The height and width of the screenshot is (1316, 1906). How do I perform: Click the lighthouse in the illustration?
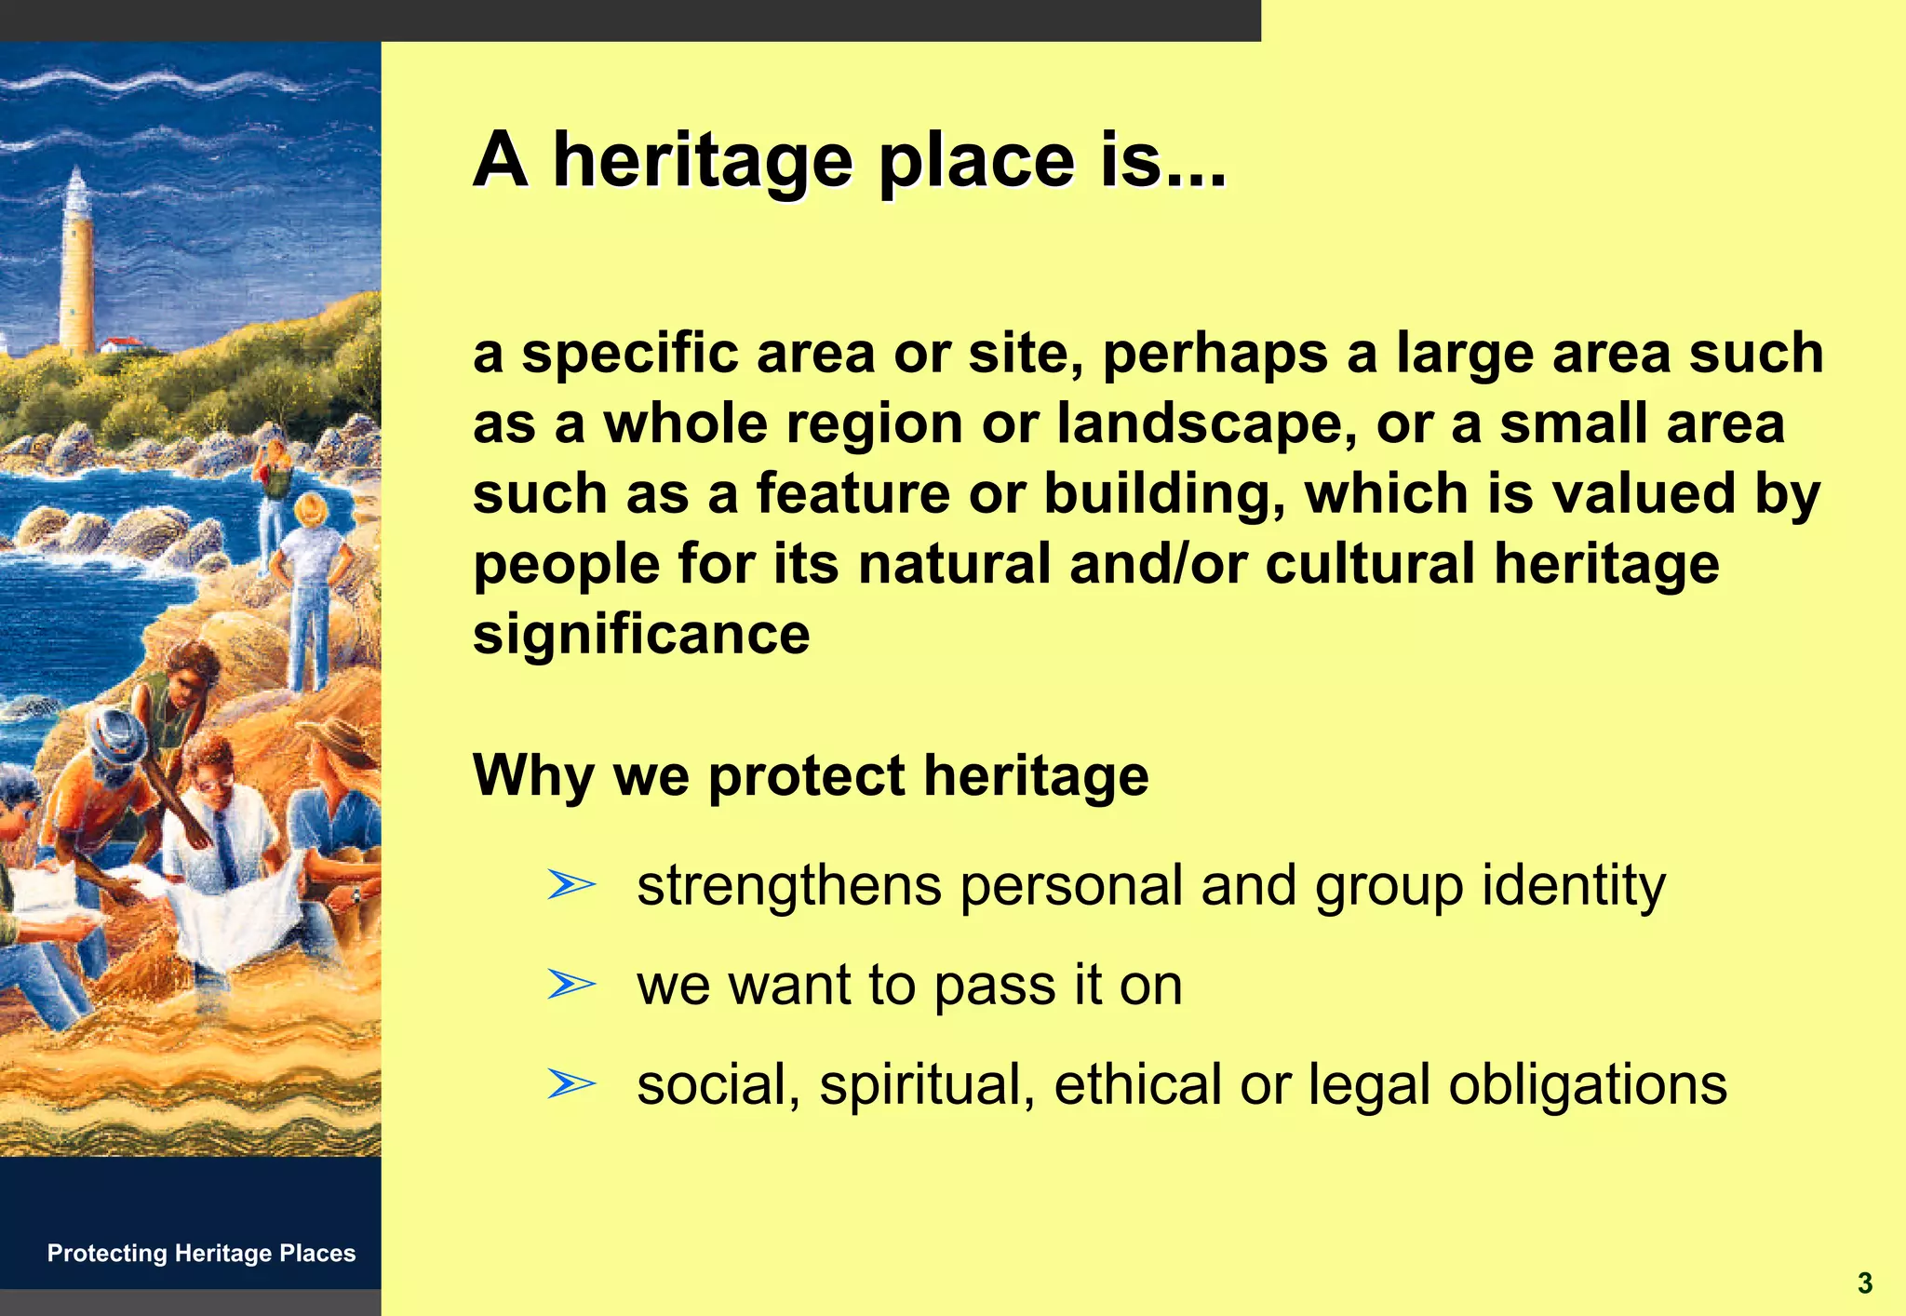(76, 265)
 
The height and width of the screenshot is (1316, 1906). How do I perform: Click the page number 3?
(1864, 1283)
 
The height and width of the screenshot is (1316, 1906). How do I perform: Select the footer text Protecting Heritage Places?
(201, 1253)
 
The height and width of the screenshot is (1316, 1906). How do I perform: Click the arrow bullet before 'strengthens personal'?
(570, 884)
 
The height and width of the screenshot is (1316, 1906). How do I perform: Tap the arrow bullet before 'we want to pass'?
(570, 984)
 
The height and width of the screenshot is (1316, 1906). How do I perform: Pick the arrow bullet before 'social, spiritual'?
(570, 1083)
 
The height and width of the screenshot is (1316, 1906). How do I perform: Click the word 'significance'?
(641, 635)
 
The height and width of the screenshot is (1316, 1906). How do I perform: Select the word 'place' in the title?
(977, 160)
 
